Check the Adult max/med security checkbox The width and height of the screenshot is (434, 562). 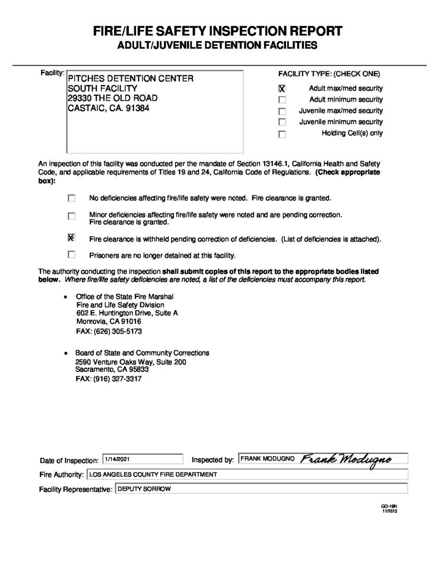point(282,88)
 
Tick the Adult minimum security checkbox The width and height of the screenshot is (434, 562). point(282,100)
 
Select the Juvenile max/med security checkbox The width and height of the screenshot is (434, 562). point(282,111)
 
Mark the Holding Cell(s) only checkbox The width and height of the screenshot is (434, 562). point(282,134)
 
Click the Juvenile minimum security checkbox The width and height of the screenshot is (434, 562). point(282,122)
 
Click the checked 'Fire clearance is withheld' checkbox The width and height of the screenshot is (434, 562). point(71,238)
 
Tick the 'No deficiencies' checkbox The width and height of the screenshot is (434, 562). point(71,198)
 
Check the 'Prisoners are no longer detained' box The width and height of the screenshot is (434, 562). point(71,255)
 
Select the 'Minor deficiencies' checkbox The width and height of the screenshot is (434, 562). point(71,216)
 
